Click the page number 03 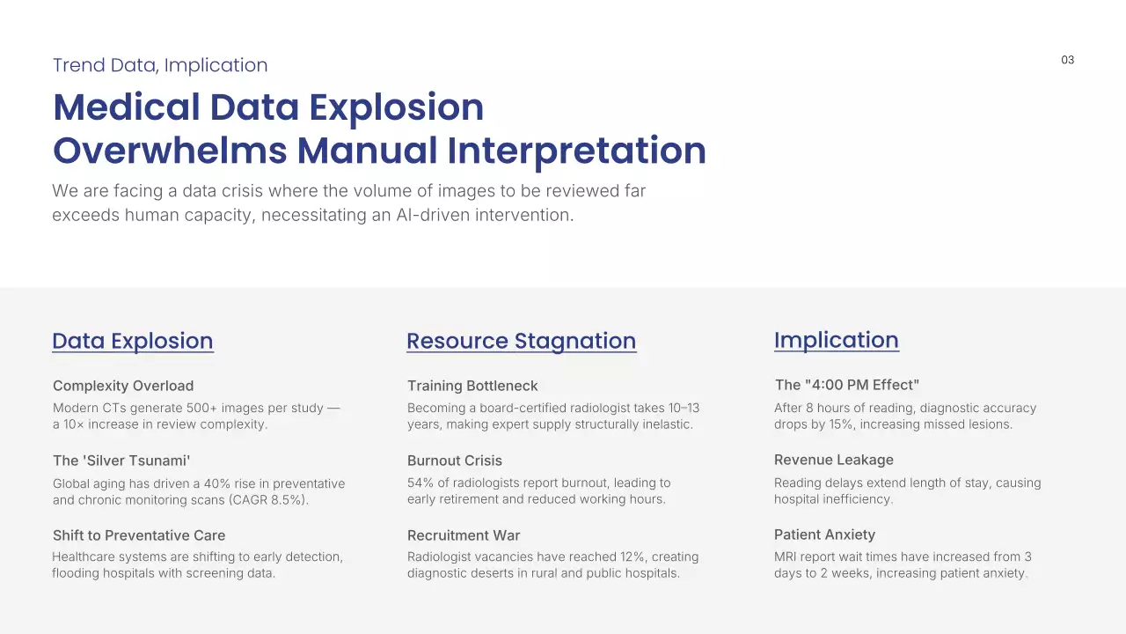(x=1067, y=60)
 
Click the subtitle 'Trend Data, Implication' (x=160, y=65)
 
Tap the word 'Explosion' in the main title (x=396, y=107)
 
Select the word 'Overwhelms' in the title (x=170, y=151)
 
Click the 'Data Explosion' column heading (x=133, y=341)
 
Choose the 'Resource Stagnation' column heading (x=522, y=341)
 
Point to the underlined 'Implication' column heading (x=837, y=341)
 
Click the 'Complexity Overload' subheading (x=123, y=386)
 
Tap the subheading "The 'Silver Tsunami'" (x=121, y=461)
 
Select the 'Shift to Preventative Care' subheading (x=139, y=535)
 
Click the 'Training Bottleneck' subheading (x=472, y=386)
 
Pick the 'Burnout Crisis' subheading (x=455, y=461)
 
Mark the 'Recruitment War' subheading (x=464, y=535)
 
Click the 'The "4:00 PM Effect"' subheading (x=847, y=385)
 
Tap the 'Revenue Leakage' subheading (x=833, y=460)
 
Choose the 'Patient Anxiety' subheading (x=824, y=534)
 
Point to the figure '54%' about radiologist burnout (x=420, y=483)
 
